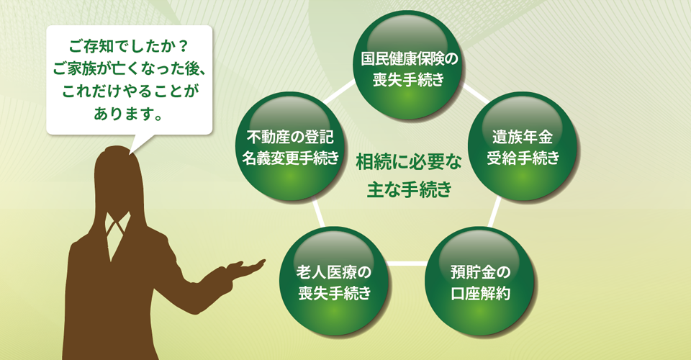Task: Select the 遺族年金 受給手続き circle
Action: (523, 147)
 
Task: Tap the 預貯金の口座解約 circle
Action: (480, 282)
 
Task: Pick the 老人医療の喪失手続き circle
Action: (335, 282)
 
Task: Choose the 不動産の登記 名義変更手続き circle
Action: (290, 147)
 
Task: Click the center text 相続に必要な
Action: (409, 163)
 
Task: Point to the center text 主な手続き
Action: (410, 189)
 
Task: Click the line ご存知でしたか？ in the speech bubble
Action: (129, 46)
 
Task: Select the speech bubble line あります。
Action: (128, 114)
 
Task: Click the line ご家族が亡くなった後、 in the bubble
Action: (130, 68)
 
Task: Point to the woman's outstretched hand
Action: (246, 267)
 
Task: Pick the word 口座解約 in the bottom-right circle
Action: (480, 293)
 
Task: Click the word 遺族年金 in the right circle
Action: (523, 137)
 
